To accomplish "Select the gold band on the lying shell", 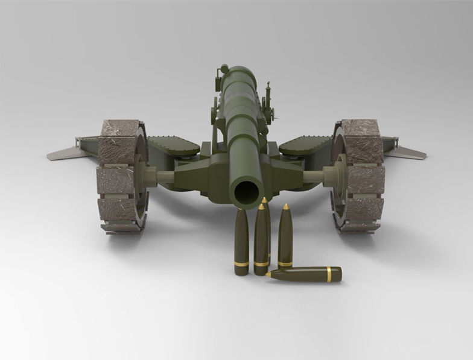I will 329,274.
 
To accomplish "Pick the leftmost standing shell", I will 241,241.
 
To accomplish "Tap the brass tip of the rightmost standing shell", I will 285,207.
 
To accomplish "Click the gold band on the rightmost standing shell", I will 285,264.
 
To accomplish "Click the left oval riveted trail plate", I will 173,144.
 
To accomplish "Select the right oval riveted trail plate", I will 305,144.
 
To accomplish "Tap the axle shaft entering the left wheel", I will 162,176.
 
